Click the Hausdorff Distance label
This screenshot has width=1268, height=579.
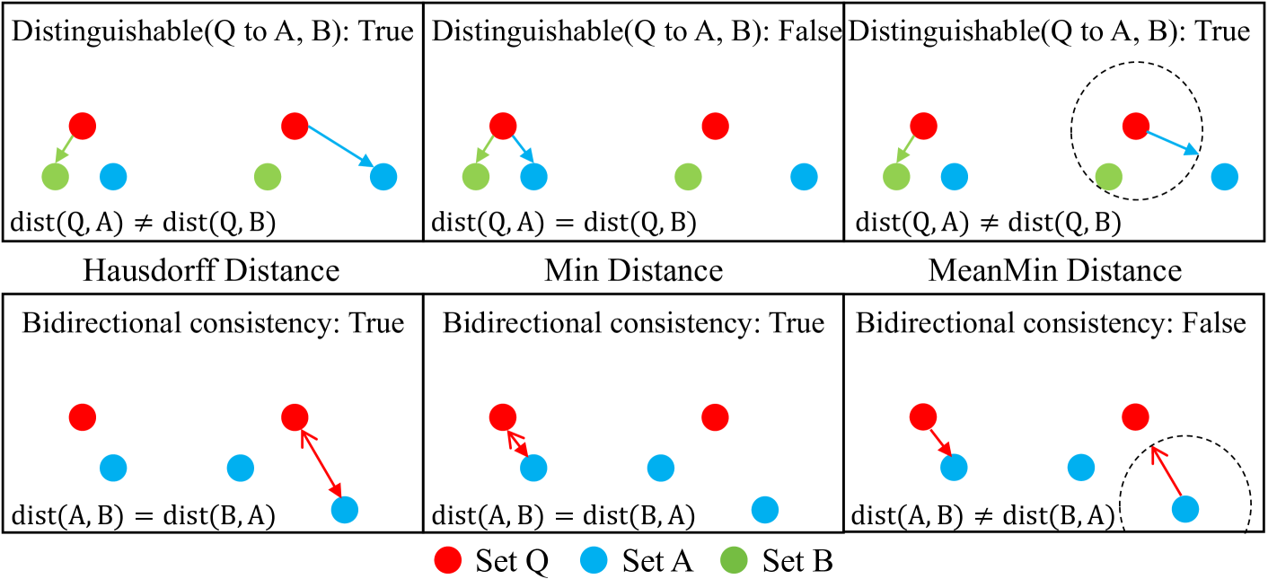(210, 270)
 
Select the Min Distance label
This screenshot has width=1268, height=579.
(634, 270)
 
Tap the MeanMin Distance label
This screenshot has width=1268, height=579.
(1055, 270)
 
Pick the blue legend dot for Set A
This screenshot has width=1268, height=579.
(594, 562)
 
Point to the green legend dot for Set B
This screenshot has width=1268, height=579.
(735, 562)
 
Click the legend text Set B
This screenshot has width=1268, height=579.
(798, 562)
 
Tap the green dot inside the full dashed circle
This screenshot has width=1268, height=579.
(1109, 177)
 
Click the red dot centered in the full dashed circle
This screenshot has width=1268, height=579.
(1135, 127)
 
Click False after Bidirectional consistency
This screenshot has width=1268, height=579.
(1214, 322)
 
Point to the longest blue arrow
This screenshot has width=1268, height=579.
(339, 145)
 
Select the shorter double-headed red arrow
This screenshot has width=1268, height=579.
(515, 442)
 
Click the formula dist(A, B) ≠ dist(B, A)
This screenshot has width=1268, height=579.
(982, 515)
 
